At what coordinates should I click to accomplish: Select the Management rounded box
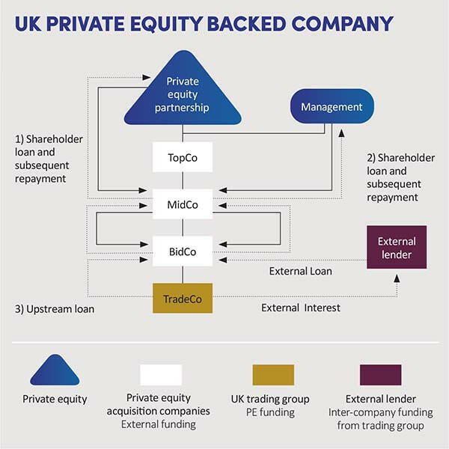tap(331, 107)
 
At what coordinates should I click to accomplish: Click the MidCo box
tap(183, 204)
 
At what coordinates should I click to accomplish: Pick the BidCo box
tap(183, 251)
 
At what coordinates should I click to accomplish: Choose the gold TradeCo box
tap(183, 299)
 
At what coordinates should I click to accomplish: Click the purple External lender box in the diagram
tap(396, 248)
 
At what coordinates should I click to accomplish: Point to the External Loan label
tap(300, 271)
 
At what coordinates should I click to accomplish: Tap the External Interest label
tap(301, 307)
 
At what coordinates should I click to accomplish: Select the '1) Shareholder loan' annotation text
tap(49, 159)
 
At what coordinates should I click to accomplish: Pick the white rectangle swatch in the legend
tap(161, 374)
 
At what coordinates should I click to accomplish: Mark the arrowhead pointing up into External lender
tap(396, 278)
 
